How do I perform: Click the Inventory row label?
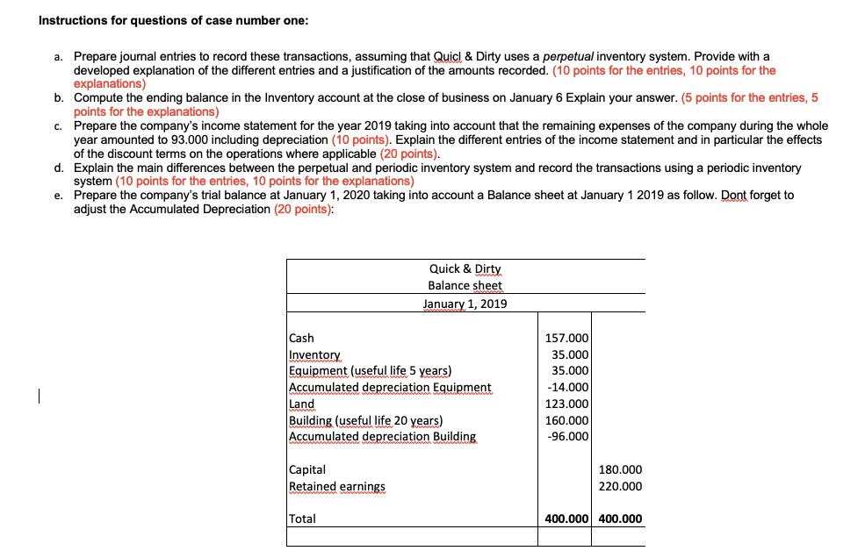(x=314, y=354)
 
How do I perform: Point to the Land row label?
(x=301, y=404)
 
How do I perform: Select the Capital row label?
(x=307, y=469)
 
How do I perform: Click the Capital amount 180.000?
(x=620, y=469)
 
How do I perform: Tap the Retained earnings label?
(x=337, y=486)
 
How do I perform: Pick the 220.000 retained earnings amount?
(x=620, y=486)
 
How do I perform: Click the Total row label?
(x=302, y=519)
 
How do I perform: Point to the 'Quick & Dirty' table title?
(x=465, y=269)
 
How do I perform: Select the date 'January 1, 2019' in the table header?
(x=465, y=304)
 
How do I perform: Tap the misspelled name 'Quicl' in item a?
(x=453, y=57)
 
